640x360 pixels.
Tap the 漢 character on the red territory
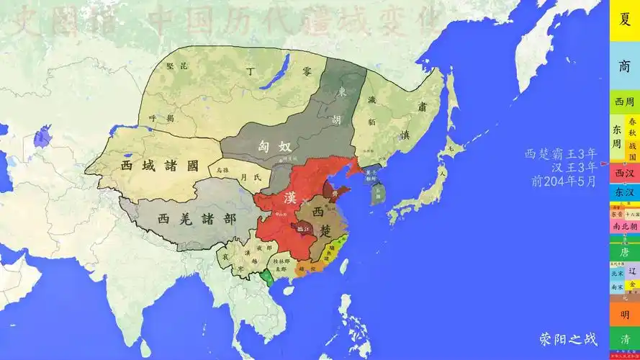pos(289,197)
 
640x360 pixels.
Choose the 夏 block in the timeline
pos(623,19)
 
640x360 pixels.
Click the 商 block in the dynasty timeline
pos(623,66)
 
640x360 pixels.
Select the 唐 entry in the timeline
pos(623,252)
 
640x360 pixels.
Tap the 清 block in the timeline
pos(623,339)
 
